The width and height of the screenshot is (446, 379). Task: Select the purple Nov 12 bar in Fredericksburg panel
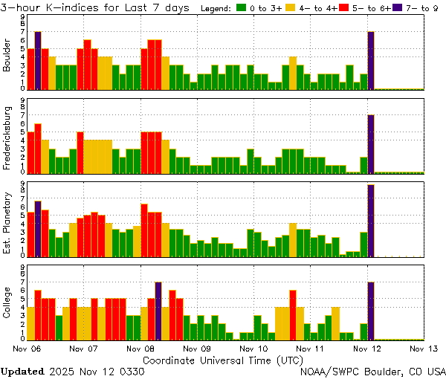371,143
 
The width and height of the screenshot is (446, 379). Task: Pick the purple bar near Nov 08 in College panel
158,311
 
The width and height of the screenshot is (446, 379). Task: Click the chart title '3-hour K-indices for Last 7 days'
98,7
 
